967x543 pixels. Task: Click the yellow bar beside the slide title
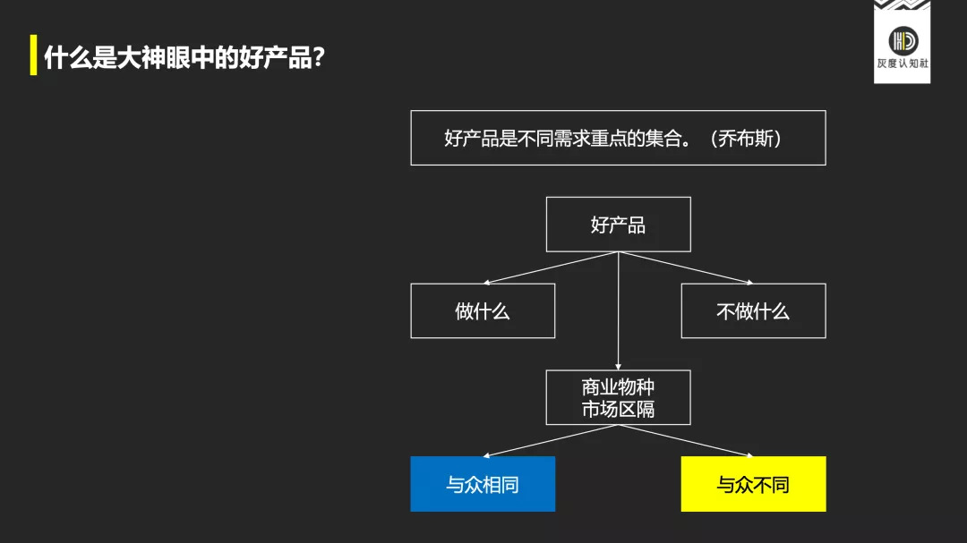33,55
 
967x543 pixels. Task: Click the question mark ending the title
318,57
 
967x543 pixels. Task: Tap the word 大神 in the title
141,57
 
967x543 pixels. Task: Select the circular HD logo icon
903,40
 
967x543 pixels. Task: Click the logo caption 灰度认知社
903,63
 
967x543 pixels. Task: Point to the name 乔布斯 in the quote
746,138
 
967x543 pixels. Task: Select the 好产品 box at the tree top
619,225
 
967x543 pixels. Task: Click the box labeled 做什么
483,310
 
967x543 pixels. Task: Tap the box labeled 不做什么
754,310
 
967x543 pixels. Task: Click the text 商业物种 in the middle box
618,387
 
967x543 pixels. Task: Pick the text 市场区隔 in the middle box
618,409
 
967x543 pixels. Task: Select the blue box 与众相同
483,484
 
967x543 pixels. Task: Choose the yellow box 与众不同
754,484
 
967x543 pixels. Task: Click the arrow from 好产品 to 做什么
551,267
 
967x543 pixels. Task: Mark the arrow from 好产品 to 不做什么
686,267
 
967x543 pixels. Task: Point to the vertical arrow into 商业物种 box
619,310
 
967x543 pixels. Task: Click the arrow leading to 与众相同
551,441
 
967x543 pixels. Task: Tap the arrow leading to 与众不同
686,441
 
